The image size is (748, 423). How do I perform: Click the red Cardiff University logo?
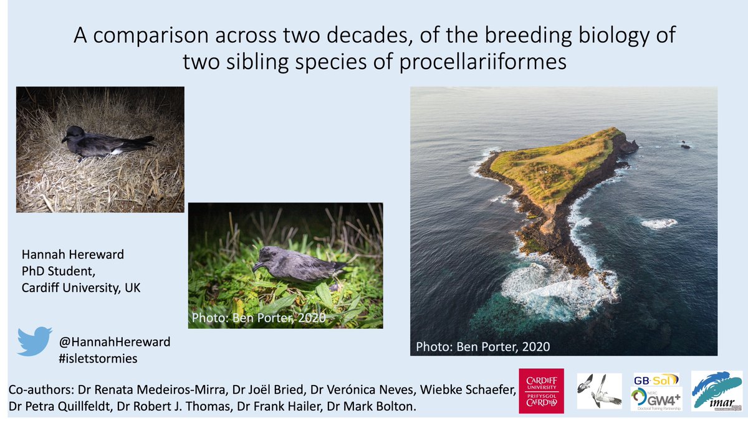point(541,391)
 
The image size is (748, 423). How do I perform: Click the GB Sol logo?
point(655,379)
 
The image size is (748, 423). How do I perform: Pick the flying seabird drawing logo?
point(599,391)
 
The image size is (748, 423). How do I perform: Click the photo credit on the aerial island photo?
point(483,346)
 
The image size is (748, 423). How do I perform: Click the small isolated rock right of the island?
point(685,145)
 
